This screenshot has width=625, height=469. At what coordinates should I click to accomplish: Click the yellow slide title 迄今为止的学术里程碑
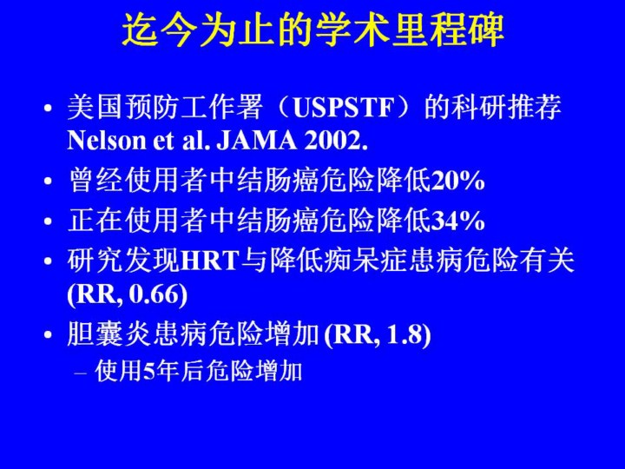click(312, 30)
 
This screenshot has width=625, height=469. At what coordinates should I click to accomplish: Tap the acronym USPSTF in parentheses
click(344, 108)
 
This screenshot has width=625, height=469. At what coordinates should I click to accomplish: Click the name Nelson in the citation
click(107, 141)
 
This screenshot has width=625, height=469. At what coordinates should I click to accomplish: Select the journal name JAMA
click(257, 141)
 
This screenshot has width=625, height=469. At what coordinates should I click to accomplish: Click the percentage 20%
click(457, 181)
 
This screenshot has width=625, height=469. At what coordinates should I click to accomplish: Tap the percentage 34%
click(457, 221)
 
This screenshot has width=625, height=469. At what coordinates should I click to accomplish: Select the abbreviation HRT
click(210, 261)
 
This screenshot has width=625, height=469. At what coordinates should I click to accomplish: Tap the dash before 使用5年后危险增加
click(81, 373)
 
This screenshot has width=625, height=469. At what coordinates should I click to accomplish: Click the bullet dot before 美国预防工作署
click(49, 109)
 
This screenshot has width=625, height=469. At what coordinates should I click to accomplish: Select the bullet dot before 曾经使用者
click(49, 181)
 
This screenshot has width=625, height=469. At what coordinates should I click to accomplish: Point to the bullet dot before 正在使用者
click(49, 221)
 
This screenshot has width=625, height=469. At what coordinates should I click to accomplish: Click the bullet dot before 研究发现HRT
click(49, 261)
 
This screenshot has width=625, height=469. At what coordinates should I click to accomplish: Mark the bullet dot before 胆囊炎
click(49, 334)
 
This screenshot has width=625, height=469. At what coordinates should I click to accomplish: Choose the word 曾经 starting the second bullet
click(95, 181)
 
